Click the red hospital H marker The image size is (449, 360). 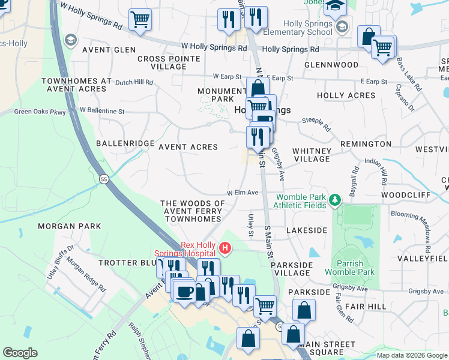[x=225, y=247]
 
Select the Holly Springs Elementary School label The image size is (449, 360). [x=306, y=28]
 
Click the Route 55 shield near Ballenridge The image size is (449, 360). [x=104, y=179]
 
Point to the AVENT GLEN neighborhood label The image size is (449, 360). [x=109, y=50]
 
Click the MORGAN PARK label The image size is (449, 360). [x=65, y=226]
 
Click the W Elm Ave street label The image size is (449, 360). [x=242, y=193]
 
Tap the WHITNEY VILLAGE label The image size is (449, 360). [x=312, y=155]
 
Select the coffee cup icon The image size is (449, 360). [x=184, y=292]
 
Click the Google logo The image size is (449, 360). [x=20, y=353]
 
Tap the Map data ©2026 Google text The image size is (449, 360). [x=412, y=355]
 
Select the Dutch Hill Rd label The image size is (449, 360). [x=134, y=82]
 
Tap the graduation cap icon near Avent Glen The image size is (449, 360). [x=71, y=40]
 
